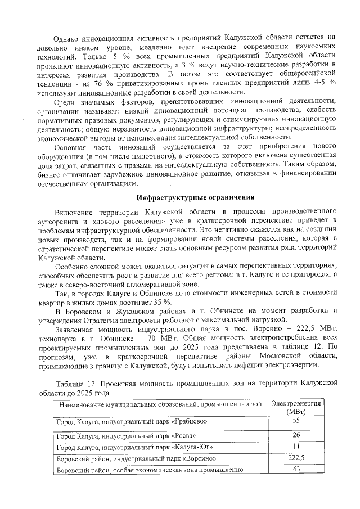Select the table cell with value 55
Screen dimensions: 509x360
coord(296,421)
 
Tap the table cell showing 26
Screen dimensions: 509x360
coord(296,435)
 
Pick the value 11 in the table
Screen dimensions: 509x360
coord(296,447)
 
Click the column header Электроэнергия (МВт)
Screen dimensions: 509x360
coord(296,408)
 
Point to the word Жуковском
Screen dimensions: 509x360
coord(121,311)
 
